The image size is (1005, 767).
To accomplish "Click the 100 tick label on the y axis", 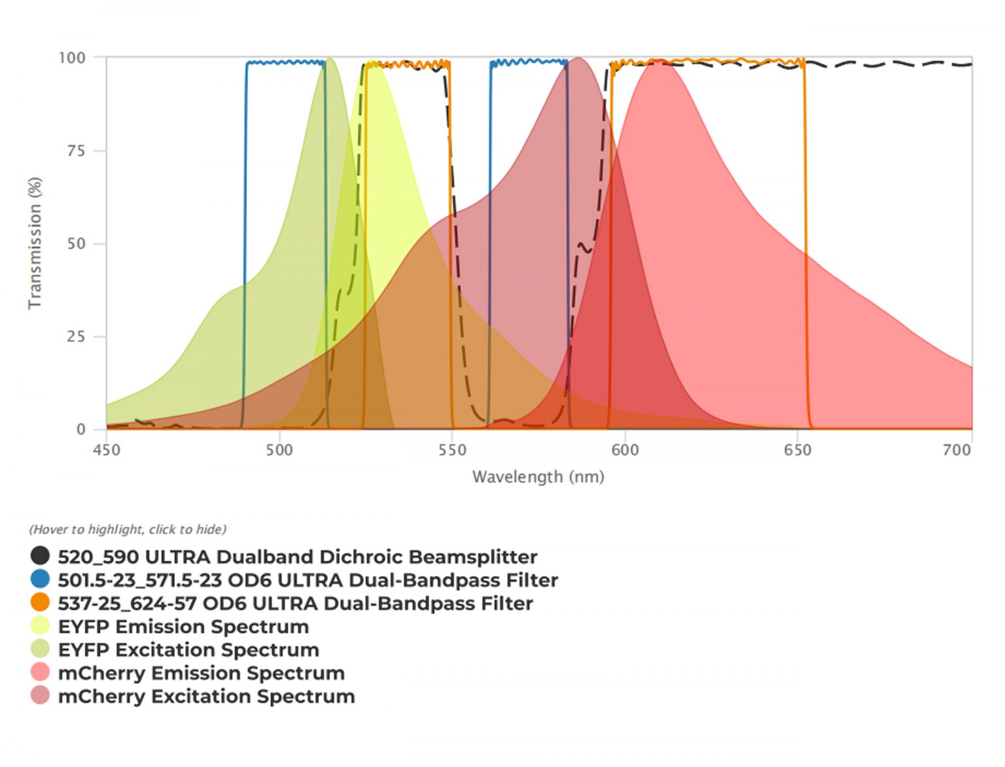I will click(x=72, y=58).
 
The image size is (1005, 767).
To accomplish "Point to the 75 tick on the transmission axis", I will click(x=77, y=151).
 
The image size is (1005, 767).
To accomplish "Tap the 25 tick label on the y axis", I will click(x=77, y=337).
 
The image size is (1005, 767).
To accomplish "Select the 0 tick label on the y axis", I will click(x=81, y=429).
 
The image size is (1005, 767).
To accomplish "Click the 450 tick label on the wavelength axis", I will click(x=107, y=450).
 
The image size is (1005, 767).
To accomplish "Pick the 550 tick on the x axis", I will click(x=452, y=450).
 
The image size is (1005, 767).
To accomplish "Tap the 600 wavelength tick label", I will click(x=625, y=450).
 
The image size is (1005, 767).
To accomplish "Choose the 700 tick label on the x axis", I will click(x=957, y=450).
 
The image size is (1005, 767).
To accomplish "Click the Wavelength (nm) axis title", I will click(x=538, y=476).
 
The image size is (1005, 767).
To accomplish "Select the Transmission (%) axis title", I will click(x=35, y=243).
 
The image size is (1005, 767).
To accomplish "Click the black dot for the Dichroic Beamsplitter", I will click(x=40, y=556).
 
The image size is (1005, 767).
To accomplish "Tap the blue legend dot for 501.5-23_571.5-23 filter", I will click(x=40, y=579).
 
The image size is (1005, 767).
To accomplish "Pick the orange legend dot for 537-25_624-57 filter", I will click(x=40, y=602).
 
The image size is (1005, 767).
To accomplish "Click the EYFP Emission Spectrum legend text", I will click(x=183, y=626).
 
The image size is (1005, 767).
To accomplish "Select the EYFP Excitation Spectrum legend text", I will click(x=188, y=649).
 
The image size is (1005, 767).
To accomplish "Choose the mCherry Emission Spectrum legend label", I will click(x=201, y=673).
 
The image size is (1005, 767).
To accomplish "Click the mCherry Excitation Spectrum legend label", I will click(x=206, y=696).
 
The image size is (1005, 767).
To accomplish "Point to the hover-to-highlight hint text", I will click(x=128, y=529).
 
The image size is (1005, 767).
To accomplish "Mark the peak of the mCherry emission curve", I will click(x=659, y=62).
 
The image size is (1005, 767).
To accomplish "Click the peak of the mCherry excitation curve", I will click(x=578, y=59).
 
